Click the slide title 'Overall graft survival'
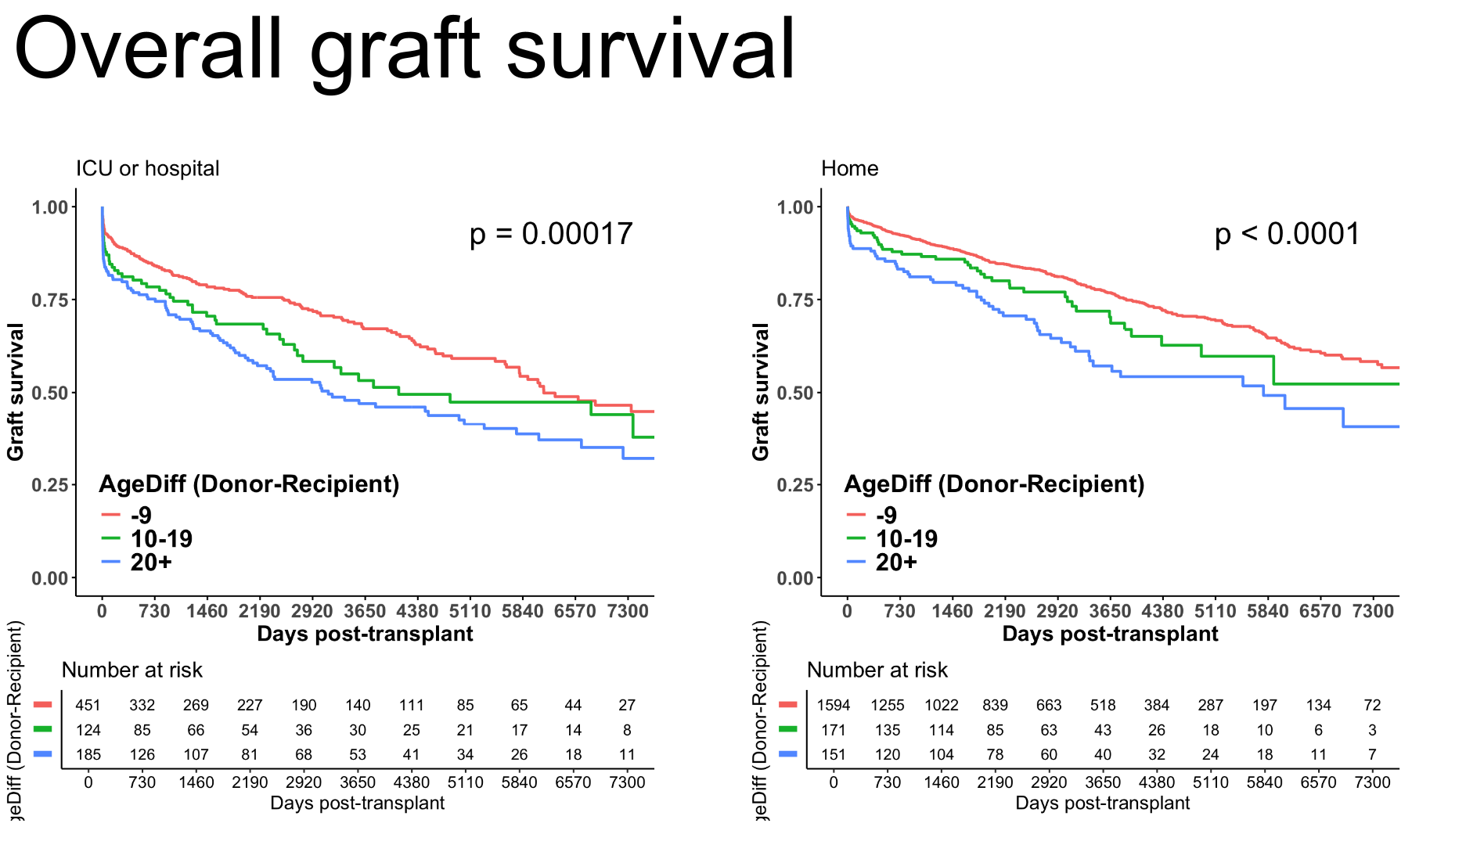[x=404, y=51]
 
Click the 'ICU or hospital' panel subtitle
[x=147, y=168]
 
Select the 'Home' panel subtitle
[x=849, y=168]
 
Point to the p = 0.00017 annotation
[x=551, y=234]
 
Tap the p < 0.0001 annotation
[x=1287, y=234]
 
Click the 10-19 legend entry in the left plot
[x=160, y=538]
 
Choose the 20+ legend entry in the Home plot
[x=895, y=562]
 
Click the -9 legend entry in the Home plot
[x=885, y=515]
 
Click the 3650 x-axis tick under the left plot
[x=365, y=611]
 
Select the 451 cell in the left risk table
[x=88, y=705]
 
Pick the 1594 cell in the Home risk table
[x=833, y=705]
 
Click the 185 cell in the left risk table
[x=88, y=754]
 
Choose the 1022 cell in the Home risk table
[x=941, y=705]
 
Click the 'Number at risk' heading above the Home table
[x=877, y=670]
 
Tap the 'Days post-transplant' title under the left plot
[x=365, y=634]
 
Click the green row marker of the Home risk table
[x=787, y=729]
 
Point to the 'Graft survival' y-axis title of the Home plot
[x=761, y=391]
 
